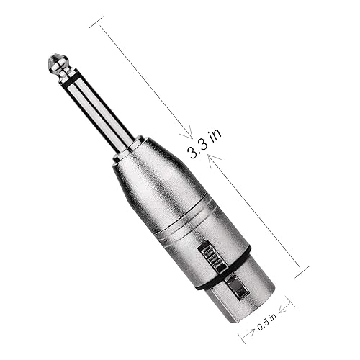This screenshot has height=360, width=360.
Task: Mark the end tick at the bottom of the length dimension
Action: click(x=302, y=271)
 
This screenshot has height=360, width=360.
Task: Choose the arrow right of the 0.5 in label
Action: click(x=285, y=310)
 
